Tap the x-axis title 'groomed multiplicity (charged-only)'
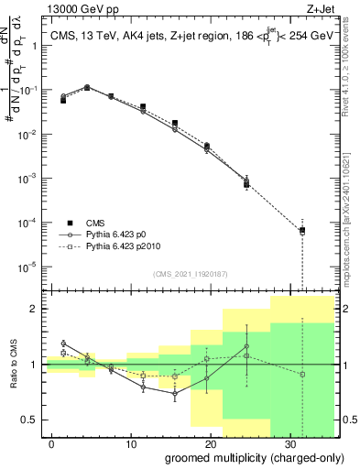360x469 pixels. click(249, 456)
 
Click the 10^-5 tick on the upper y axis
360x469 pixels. click(27, 267)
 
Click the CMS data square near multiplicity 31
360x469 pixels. click(301, 230)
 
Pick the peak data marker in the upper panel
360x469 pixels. click(86, 88)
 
